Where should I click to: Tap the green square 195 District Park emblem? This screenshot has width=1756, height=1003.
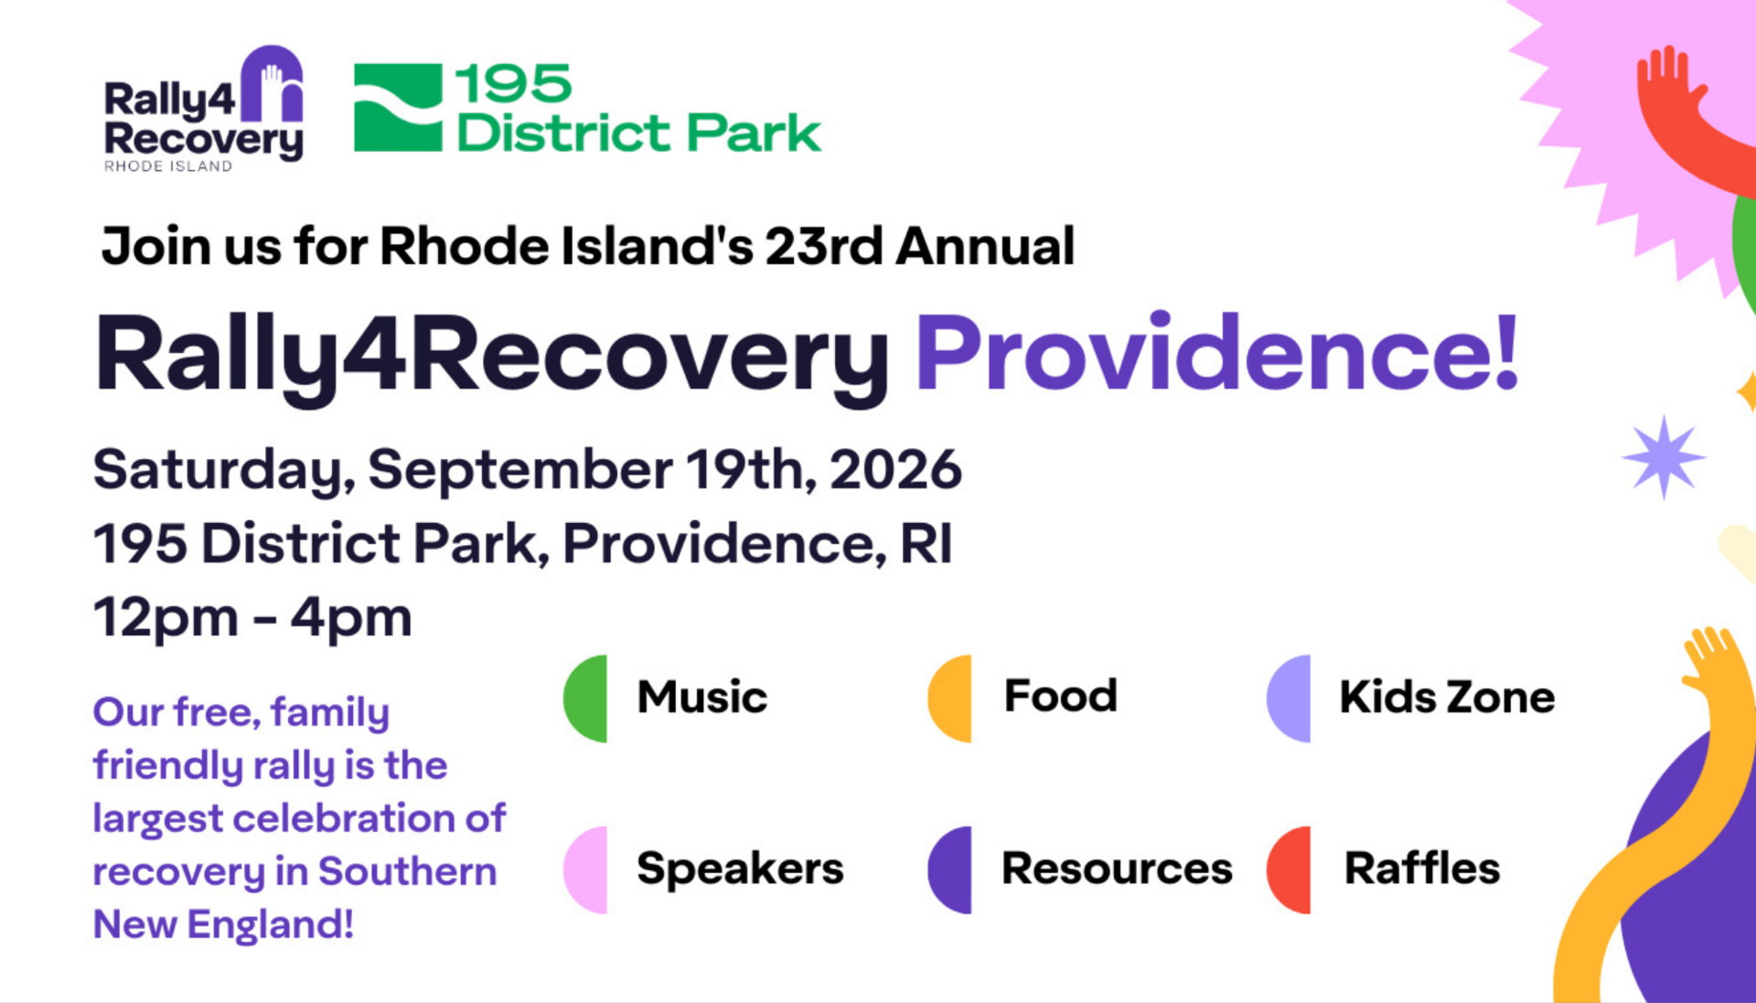pyautogui.click(x=398, y=107)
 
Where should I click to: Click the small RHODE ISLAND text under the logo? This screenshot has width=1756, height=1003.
pyautogui.click(x=168, y=165)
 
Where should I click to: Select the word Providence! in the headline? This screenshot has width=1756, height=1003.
pyautogui.click(x=1217, y=353)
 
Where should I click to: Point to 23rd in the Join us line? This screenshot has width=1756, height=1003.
pyautogui.click(x=824, y=246)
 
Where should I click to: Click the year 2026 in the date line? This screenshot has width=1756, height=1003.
pyautogui.click(x=895, y=470)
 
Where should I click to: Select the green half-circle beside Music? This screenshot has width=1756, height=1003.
pyautogui.click(x=585, y=698)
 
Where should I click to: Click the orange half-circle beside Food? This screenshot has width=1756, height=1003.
pyautogui.click(x=950, y=698)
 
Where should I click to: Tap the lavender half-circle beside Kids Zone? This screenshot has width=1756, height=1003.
pyautogui.click(x=1289, y=698)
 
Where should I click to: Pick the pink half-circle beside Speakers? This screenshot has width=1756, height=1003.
pyautogui.click(x=585, y=870)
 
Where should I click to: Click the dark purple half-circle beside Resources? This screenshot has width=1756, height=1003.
pyautogui.click(x=950, y=870)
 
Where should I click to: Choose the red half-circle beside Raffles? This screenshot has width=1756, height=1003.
pyautogui.click(x=1289, y=870)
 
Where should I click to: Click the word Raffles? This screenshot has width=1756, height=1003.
pyautogui.click(x=1422, y=868)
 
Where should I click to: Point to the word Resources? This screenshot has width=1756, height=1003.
pyautogui.click(x=1117, y=869)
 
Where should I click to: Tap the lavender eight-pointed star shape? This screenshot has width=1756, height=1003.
pyautogui.click(x=1664, y=457)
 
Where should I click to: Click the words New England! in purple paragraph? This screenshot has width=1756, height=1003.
pyautogui.click(x=223, y=924)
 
